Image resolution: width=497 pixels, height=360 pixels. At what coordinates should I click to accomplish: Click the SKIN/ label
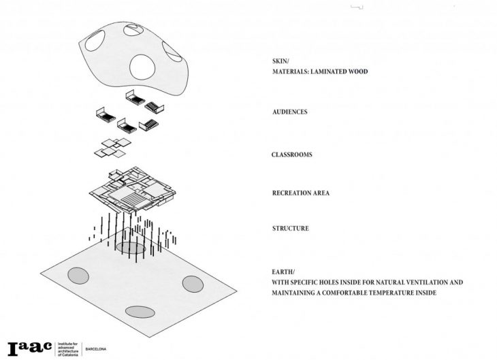280,61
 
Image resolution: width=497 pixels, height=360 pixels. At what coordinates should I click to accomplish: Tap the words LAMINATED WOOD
339,71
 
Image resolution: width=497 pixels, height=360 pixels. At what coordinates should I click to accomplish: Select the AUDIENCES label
290,112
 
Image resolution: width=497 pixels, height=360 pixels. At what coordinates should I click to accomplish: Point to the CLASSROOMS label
291,154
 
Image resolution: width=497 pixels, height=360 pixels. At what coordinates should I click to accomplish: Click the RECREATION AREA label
301,193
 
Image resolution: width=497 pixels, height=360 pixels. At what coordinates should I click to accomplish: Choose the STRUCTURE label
290,229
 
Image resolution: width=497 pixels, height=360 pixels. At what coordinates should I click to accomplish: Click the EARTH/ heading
283,272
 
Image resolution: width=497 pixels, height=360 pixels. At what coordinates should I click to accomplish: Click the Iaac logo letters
29,348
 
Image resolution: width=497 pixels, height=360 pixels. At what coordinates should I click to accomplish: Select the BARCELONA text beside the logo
96,349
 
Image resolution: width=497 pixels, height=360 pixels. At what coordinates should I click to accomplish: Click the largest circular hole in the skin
142,67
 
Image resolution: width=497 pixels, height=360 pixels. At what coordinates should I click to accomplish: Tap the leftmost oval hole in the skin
95,41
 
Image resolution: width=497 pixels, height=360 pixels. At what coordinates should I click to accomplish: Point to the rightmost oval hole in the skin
172,52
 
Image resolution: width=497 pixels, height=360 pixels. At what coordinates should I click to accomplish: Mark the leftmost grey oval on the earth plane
78,276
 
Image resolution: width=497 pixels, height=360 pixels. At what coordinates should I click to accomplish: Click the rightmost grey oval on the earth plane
193,284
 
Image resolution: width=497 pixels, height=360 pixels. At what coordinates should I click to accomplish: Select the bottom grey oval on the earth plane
140,312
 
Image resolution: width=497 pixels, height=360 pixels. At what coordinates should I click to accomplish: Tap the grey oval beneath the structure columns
131,248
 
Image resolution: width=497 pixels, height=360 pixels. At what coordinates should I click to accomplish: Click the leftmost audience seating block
106,115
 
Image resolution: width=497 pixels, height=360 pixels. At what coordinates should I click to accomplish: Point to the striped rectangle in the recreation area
133,199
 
